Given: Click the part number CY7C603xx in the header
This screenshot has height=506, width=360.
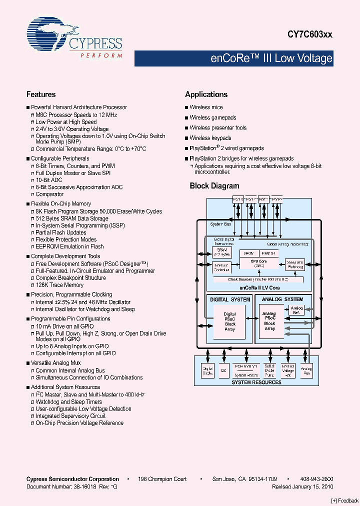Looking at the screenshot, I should point(309,34).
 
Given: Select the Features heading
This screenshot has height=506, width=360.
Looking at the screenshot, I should point(41,94).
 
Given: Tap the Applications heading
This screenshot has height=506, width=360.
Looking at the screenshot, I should point(206,94).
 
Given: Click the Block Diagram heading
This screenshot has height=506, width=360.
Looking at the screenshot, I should point(214,186).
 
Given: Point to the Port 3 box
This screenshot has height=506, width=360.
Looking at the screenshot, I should point(238,199).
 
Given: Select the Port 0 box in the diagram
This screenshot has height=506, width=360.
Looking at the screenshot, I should point(276,199).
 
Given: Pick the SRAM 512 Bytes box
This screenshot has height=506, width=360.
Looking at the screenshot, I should point(221,252).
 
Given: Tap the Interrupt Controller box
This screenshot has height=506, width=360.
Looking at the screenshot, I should point(221,268).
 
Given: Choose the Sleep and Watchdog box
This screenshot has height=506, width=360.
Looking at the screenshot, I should point(295,264).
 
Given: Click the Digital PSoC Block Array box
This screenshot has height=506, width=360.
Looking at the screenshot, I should point(229,321).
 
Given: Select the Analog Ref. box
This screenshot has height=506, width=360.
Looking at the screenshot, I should point(296,310).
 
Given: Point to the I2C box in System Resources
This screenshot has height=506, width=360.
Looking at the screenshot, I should point(223,371).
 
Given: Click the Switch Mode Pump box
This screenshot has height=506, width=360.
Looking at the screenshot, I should point(269,371).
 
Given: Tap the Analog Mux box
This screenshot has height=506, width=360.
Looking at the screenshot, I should point(306,371).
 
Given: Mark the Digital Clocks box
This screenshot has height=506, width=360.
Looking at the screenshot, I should point(207,371).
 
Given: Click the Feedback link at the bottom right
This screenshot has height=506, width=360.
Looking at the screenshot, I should point(345,500).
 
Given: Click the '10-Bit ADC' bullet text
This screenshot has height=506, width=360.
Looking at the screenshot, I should point(49,180).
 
